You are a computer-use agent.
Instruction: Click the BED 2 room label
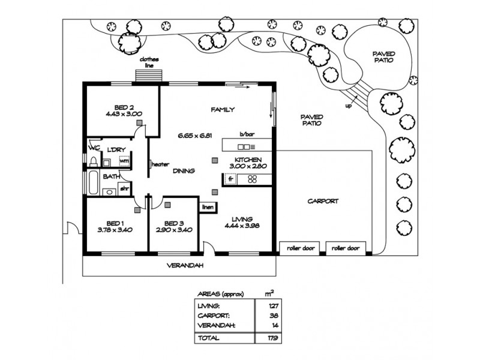(122, 106)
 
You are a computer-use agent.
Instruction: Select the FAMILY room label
(221, 110)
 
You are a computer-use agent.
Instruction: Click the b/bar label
(247, 134)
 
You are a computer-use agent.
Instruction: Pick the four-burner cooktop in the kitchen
(253, 179)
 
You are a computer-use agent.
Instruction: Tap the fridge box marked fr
(230, 179)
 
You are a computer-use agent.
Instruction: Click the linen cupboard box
(207, 208)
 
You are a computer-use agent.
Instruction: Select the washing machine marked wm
(124, 161)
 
